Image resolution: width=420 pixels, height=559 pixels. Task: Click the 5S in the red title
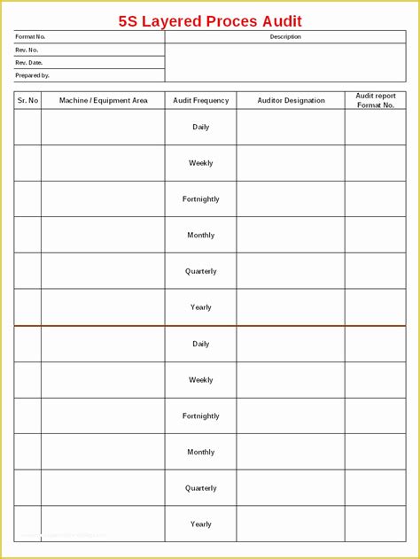129,21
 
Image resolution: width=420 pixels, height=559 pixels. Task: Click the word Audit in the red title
284,21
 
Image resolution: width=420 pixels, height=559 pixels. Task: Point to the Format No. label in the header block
30,37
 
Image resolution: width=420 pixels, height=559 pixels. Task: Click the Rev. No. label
27,50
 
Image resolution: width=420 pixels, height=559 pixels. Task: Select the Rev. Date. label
29,63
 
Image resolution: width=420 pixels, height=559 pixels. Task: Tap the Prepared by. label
32,75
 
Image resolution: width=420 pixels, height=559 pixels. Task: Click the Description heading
285,37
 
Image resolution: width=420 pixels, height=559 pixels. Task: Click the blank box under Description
285,62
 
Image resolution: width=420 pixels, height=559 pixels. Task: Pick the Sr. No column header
27,100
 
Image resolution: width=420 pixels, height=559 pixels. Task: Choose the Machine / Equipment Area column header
103,100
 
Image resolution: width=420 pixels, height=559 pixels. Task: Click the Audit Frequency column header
201,100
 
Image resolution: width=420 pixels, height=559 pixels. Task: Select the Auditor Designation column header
291,100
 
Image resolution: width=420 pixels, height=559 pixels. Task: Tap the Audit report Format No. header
376,100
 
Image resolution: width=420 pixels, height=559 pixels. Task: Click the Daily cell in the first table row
201,128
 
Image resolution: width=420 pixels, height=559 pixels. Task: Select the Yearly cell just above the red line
201,307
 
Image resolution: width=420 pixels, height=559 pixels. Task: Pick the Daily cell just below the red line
201,344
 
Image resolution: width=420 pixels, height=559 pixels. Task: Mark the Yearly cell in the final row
201,524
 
